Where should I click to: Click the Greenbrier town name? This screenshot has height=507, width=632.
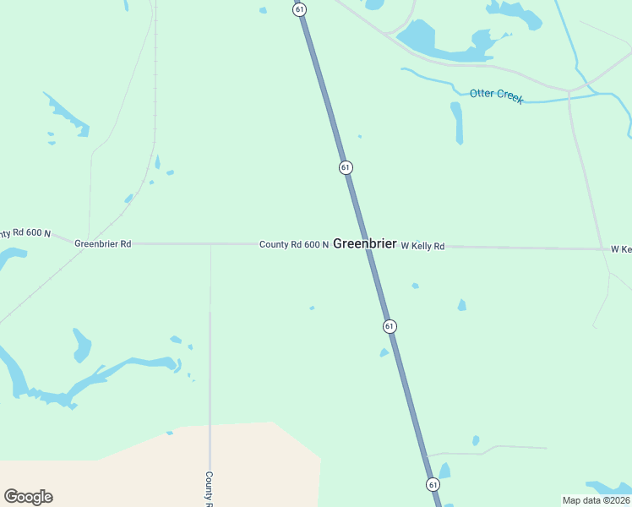click(x=364, y=243)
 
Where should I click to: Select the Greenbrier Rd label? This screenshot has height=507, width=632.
click(x=103, y=244)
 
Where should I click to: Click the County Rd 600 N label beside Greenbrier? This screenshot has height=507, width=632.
click(x=293, y=244)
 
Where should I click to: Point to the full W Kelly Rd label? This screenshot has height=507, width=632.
click(x=422, y=246)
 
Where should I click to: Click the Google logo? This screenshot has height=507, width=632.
click(x=29, y=496)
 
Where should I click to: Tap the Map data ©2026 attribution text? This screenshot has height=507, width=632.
click(x=597, y=500)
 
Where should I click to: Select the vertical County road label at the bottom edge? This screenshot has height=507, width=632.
click(x=210, y=488)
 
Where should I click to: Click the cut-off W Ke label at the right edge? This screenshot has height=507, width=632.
click(x=621, y=249)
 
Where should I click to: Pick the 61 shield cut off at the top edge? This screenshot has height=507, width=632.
click(x=300, y=8)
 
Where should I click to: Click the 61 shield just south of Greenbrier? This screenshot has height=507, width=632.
click(x=389, y=325)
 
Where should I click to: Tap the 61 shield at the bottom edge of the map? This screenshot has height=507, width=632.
click(x=433, y=484)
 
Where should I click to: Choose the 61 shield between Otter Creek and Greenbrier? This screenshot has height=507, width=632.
click(x=346, y=167)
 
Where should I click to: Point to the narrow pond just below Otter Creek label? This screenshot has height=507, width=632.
click(x=457, y=123)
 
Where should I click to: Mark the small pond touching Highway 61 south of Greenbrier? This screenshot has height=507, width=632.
click(x=385, y=352)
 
